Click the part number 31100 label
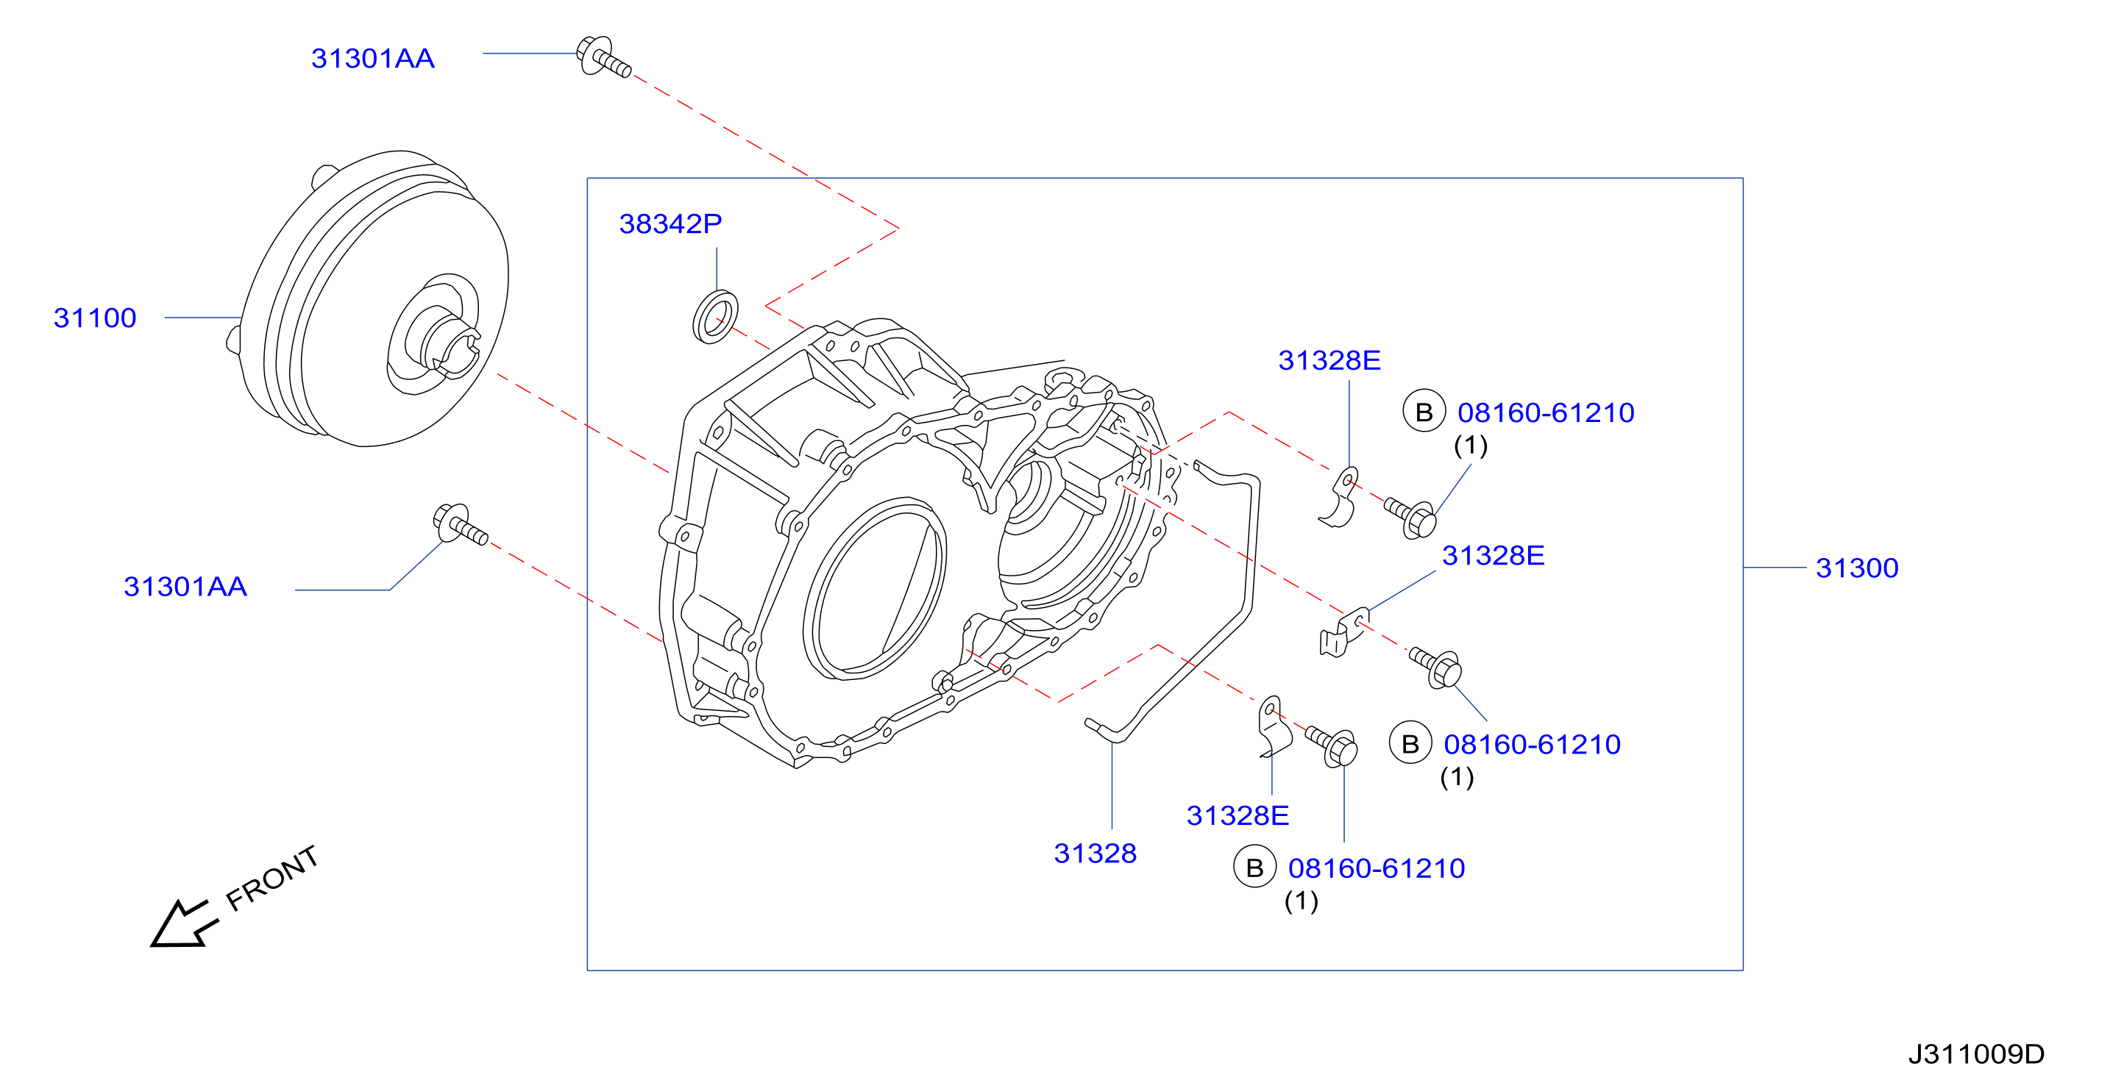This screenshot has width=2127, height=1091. coord(95,318)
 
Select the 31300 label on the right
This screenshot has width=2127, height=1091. coord(1857,568)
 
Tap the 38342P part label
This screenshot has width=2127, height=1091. coord(670,223)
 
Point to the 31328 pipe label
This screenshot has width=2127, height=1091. coord(1095,854)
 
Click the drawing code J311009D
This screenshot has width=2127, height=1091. coord(1976,1054)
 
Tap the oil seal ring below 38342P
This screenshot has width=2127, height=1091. coord(715,316)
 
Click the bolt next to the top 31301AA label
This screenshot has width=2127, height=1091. coord(603,56)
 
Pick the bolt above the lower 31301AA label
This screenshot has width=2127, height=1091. coord(460,525)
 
